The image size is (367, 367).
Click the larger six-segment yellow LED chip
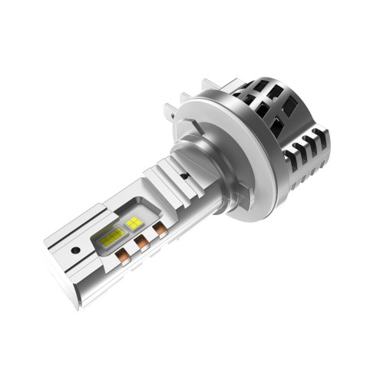point(112,239)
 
